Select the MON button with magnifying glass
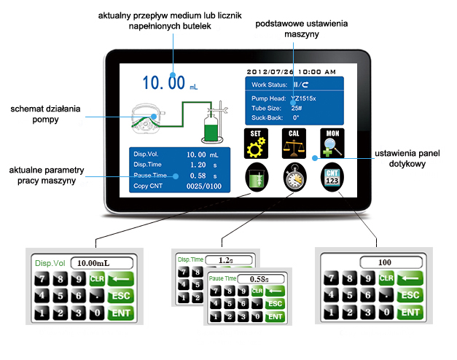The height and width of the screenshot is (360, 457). tap(333, 143)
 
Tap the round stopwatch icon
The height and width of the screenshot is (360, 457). tap(295, 179)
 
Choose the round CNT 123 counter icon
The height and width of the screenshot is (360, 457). tap(333, 179)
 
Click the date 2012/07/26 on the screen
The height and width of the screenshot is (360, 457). tap(271, 72)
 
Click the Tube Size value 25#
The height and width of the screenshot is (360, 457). tap(297, 108)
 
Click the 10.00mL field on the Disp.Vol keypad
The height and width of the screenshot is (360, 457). tap(101, 262)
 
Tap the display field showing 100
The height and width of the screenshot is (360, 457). tap(384, 261)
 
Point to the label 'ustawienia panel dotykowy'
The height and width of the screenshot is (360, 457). tap(409, 159)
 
